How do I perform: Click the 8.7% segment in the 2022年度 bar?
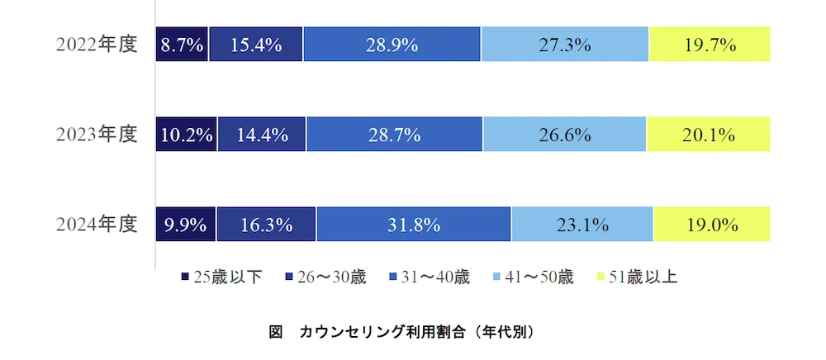pyautogui.click(x=182, y=45)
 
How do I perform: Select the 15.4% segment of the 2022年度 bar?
pyautogui.click(x=256, y=45)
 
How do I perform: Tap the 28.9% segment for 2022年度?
pyautogui.click(x=392, y=45)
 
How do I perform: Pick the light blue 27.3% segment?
pyautogui.click(x=565, y=45)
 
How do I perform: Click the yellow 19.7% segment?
pyautogui.click(x=710, y=45)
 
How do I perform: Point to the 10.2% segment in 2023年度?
pyautogui.click(x=187, y=135)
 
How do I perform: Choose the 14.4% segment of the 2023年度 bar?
pyautogui.click(x=262, y=135)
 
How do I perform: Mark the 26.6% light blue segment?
pyautogui.click(x=565, y=135)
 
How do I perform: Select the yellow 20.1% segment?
pyautogui.click(x=709, y=135)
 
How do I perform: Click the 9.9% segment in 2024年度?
pyautogui.click(x=186, y=225)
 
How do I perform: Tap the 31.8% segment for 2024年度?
pyautogui.click(x=414, y=225)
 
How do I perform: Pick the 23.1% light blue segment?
pyautogui.click(x=582, y=225)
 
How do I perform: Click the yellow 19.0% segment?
pyautogui.click(x=711, y=225)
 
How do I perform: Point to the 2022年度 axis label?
pyautogui.click(x=96, y=45)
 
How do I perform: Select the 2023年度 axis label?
pyautogui.click(x=96, y=135)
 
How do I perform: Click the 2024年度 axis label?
pyautogui.click(x=96, y=225)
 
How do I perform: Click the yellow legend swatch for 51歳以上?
pyautogui.click(x=601, y=277)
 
